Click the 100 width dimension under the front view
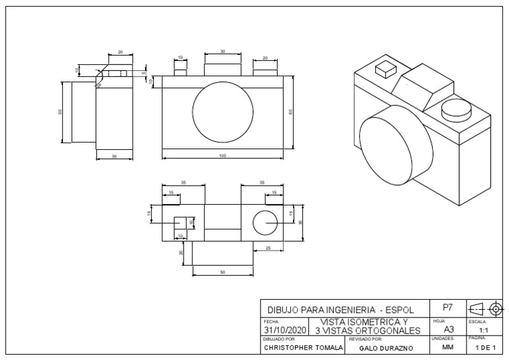click(x=223, y=156)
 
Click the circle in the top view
click(x=265, y=222)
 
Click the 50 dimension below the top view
click(x=222, y=272)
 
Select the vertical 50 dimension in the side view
click(x=60, y=111)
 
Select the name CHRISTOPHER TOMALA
click(x=302, y=347)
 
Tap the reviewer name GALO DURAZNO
click(x=386, y=347)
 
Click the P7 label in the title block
click(x=448, y=308)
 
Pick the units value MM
click(x=448, y=347)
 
